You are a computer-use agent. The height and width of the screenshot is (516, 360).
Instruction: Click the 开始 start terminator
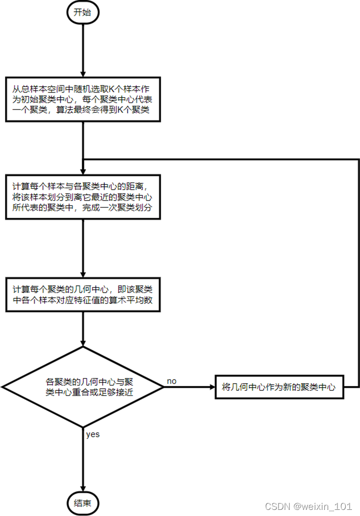coord(82,13)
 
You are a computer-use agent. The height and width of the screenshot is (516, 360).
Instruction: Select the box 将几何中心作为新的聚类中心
coord(279,387)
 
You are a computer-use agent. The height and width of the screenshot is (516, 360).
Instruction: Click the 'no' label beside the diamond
coord(172,381)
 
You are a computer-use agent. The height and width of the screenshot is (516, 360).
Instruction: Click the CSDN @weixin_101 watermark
coord(309,506)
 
